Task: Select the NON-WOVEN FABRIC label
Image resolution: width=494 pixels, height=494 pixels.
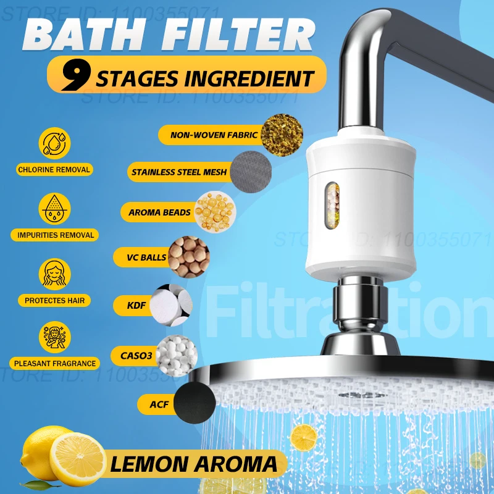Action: coord(209,134)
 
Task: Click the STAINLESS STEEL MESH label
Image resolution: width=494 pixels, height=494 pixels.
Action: coord(179,172)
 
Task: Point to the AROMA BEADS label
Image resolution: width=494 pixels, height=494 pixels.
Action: coord(159,212)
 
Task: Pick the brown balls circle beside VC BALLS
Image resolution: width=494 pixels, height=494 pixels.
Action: coord(188,256)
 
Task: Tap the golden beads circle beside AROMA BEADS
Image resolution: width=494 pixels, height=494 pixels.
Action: coord(216,211)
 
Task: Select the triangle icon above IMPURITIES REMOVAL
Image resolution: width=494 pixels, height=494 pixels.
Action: coord(54,209)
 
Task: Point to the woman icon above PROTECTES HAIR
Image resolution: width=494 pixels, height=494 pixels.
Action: coord(54,274)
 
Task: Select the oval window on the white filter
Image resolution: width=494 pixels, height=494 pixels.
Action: coord(333,203)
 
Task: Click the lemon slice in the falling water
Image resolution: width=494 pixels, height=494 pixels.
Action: coord(304,438)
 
